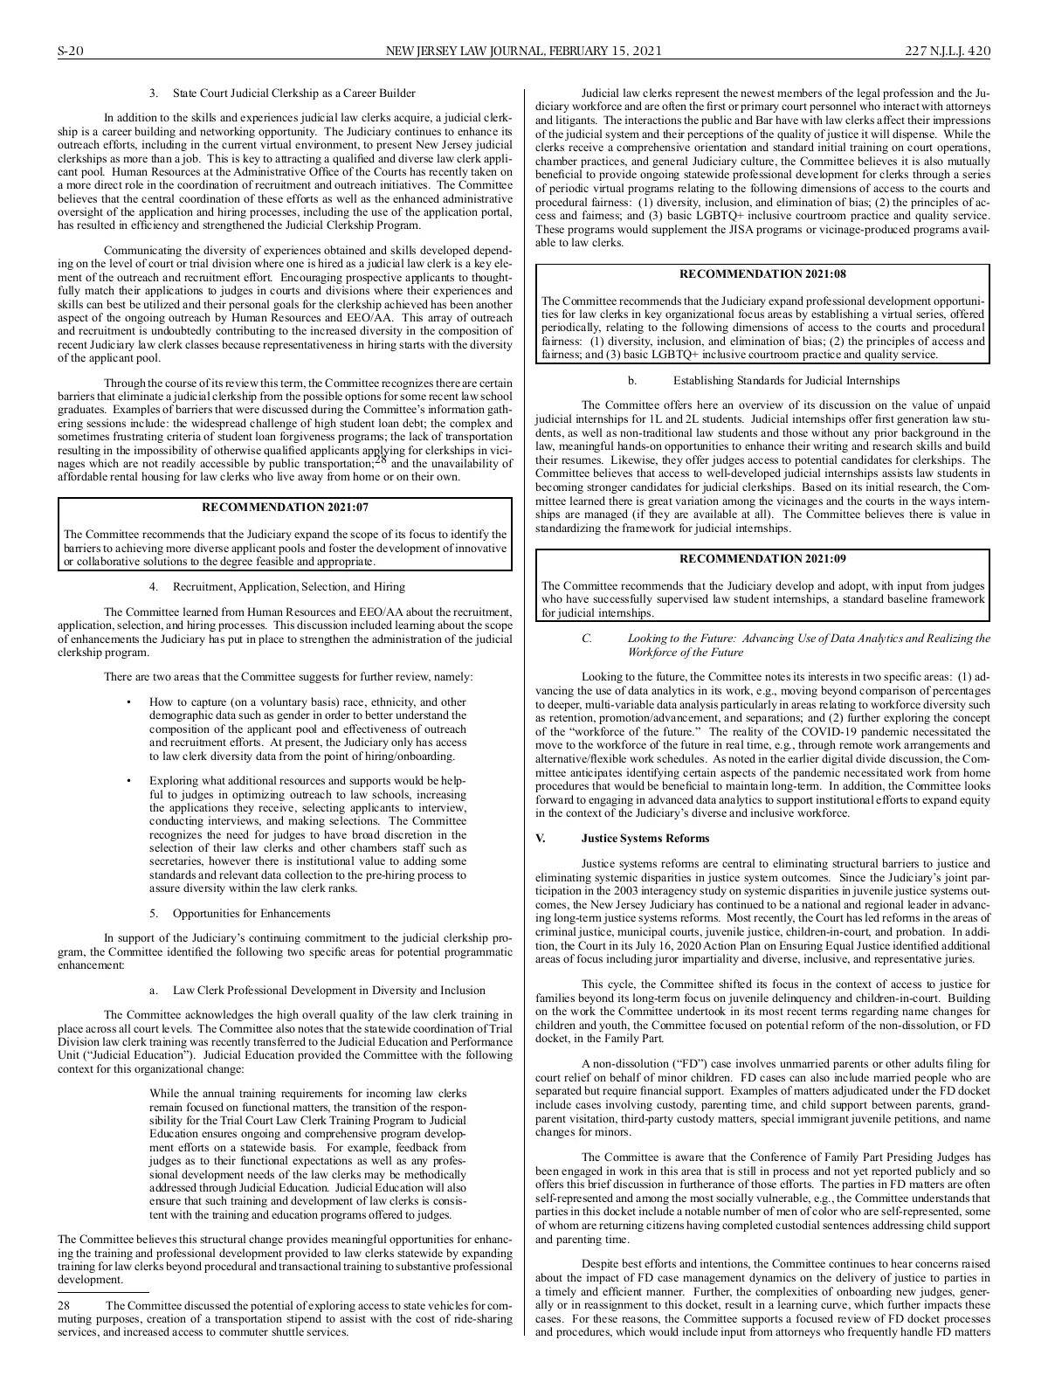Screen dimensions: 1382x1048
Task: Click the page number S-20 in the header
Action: (x=69, y=52)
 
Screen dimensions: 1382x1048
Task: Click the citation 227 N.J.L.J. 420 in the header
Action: (x=948, y=52)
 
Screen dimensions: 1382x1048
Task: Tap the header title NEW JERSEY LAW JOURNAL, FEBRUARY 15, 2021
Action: (x=524, y=52)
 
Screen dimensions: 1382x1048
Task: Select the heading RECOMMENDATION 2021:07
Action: (x=285, y=507)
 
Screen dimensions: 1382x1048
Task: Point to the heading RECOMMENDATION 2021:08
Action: (x=762, y=274)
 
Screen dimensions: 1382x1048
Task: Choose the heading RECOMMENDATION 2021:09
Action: (x=762, y=558)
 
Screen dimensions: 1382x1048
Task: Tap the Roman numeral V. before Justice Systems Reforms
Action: (x=541, y=839)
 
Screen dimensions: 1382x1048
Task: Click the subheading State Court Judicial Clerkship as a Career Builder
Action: (x=294, y=93)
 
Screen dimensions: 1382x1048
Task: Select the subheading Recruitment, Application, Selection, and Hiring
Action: (x=288, y=586)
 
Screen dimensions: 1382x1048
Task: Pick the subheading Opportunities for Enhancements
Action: (x=252, y=913)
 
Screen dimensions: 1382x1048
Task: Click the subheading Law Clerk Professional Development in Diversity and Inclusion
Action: (x=329, y=990)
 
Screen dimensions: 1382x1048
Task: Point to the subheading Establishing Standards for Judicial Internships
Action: (x=786, y=380)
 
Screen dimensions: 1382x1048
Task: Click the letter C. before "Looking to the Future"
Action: (x=587, y=639)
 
